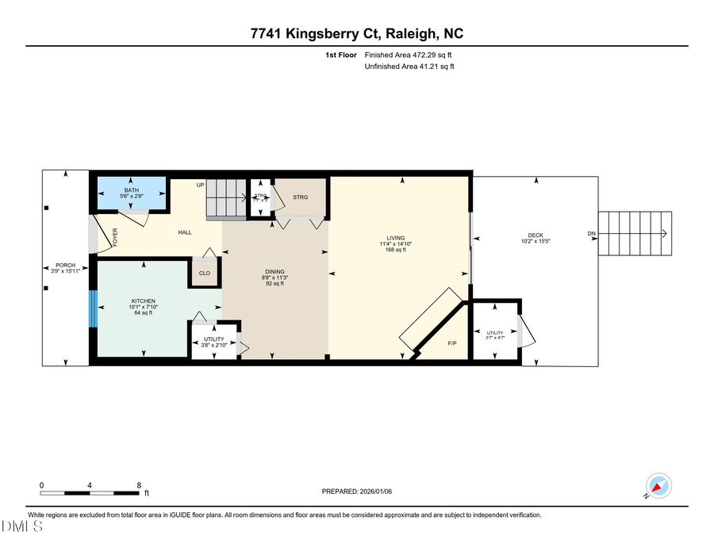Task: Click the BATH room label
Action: (130, 189)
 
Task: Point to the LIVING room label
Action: (395, 238)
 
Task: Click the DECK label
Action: (535, 235)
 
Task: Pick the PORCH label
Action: (65, 265)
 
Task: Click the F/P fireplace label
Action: (452, 343)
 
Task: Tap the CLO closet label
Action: (204, 274)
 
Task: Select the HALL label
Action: (185, 231)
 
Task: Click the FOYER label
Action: (115, 236)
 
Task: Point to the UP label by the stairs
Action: (201, 185)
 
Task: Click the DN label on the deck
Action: (591, 233)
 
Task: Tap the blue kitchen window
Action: (93, 308)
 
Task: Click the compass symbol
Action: (658, 486)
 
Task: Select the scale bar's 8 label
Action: (139, 485)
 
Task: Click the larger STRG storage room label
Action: (300, 197)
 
